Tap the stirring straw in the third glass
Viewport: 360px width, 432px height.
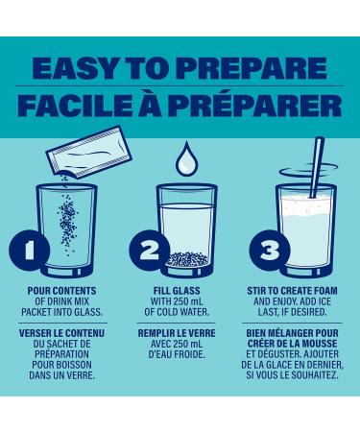pos(317,167)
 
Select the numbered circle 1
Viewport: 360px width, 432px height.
pos(29,251)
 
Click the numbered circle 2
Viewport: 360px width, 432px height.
pos(149,251)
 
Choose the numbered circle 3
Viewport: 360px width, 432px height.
pos(270,251)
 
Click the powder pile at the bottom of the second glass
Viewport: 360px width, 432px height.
pos(188,259)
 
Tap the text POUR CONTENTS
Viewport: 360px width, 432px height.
pos(61,291)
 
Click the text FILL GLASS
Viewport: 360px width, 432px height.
pos(177,291)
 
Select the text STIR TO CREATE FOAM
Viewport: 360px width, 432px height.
pos(292,291)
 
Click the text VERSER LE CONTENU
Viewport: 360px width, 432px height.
pos(61,333)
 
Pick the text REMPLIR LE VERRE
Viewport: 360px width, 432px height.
pos(177,333)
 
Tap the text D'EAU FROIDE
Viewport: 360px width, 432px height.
pos(177,354)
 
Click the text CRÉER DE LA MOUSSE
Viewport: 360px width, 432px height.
pos(292,344)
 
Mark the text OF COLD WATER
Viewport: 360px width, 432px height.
pos(177,312)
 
